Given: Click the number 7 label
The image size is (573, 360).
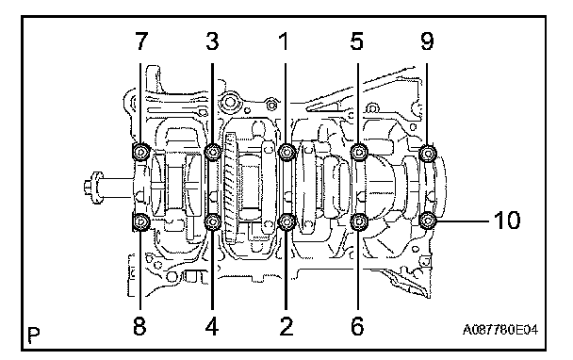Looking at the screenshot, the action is point(141,41).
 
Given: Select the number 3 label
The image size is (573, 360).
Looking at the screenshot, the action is point(212,41).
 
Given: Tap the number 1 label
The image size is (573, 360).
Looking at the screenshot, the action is point(284,41).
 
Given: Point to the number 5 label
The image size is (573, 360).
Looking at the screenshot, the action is point(356,41).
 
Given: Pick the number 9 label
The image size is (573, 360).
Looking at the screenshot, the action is point(427,41).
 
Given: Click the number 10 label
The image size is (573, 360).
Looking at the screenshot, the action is point(507,221).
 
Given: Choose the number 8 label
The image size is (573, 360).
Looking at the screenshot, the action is point(139,326).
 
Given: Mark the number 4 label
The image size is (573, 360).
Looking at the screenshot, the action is point(212,326).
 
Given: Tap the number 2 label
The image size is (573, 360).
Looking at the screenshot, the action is point(286,326).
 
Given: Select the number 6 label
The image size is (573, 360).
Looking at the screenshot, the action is point(357,326).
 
